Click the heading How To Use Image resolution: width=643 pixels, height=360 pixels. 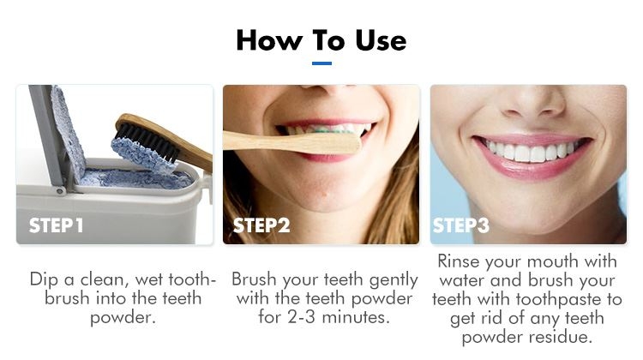click(321, 39)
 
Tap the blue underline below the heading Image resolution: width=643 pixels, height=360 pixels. click(321, 63)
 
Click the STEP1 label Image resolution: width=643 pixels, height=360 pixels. click(57, 226)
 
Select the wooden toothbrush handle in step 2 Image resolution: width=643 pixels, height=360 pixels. click(291, 141)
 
